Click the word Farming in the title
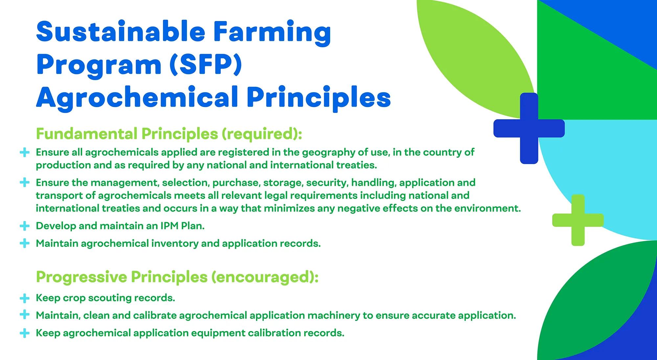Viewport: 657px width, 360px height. point(272,33)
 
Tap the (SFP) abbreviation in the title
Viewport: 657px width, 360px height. point(206,65)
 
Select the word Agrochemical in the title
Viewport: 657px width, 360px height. point(137,98)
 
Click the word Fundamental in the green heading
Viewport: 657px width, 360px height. point(87,134)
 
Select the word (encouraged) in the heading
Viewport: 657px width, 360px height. point(265,277)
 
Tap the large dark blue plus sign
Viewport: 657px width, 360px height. point(529,128)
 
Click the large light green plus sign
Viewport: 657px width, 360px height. point(578,220)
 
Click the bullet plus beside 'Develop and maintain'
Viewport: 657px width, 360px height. point(25,226)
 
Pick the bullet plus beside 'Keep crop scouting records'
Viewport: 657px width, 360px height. point(25,298)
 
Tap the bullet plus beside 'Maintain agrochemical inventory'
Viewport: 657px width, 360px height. point(25,243)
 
